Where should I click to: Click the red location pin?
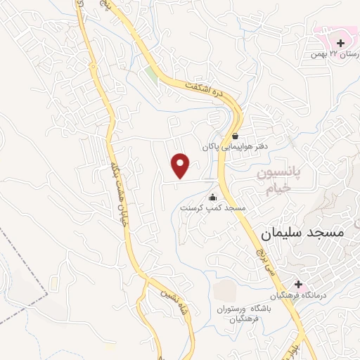pos(181,165)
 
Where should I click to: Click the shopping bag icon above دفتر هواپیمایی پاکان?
pos(235,136)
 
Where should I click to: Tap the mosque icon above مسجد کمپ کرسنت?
pos(213,197)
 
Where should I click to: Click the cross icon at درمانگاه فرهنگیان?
pos(300,284)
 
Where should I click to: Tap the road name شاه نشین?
pos(175,302)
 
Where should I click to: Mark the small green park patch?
pos(152,74)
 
